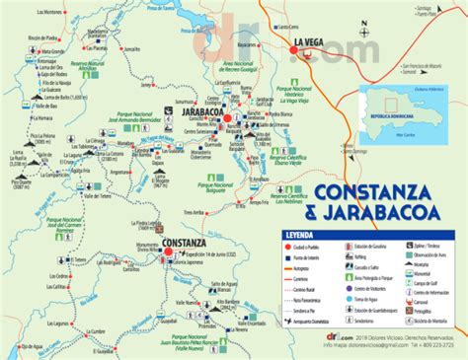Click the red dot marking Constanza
pyautogui.click(x=169, y=251)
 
